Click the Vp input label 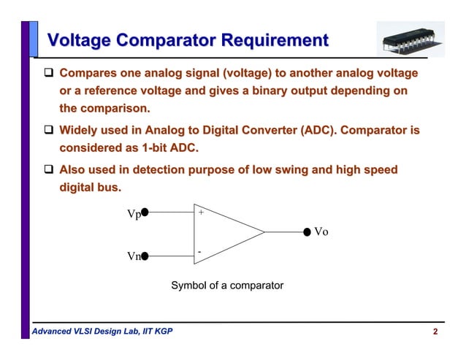[x=133, y=214]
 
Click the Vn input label [x=133, y=257]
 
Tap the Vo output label [x=321, y=232]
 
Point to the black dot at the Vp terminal [x=145, y=212]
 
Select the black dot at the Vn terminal [x=145, y=256]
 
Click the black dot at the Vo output [x=307, y=232]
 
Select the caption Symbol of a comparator [x=226, y=286]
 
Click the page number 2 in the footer [x=435, y=333]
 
